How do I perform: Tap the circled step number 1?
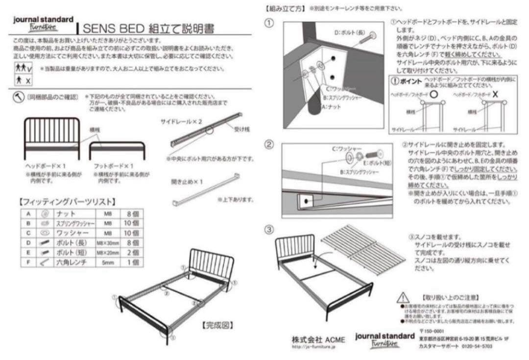pos(269,23)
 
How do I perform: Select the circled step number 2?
pos(269,144)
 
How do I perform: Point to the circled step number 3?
pos(269,229)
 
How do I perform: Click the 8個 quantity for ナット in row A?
pos(132,214)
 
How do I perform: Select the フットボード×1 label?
pos(114,166)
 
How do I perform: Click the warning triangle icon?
pos(403,297)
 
